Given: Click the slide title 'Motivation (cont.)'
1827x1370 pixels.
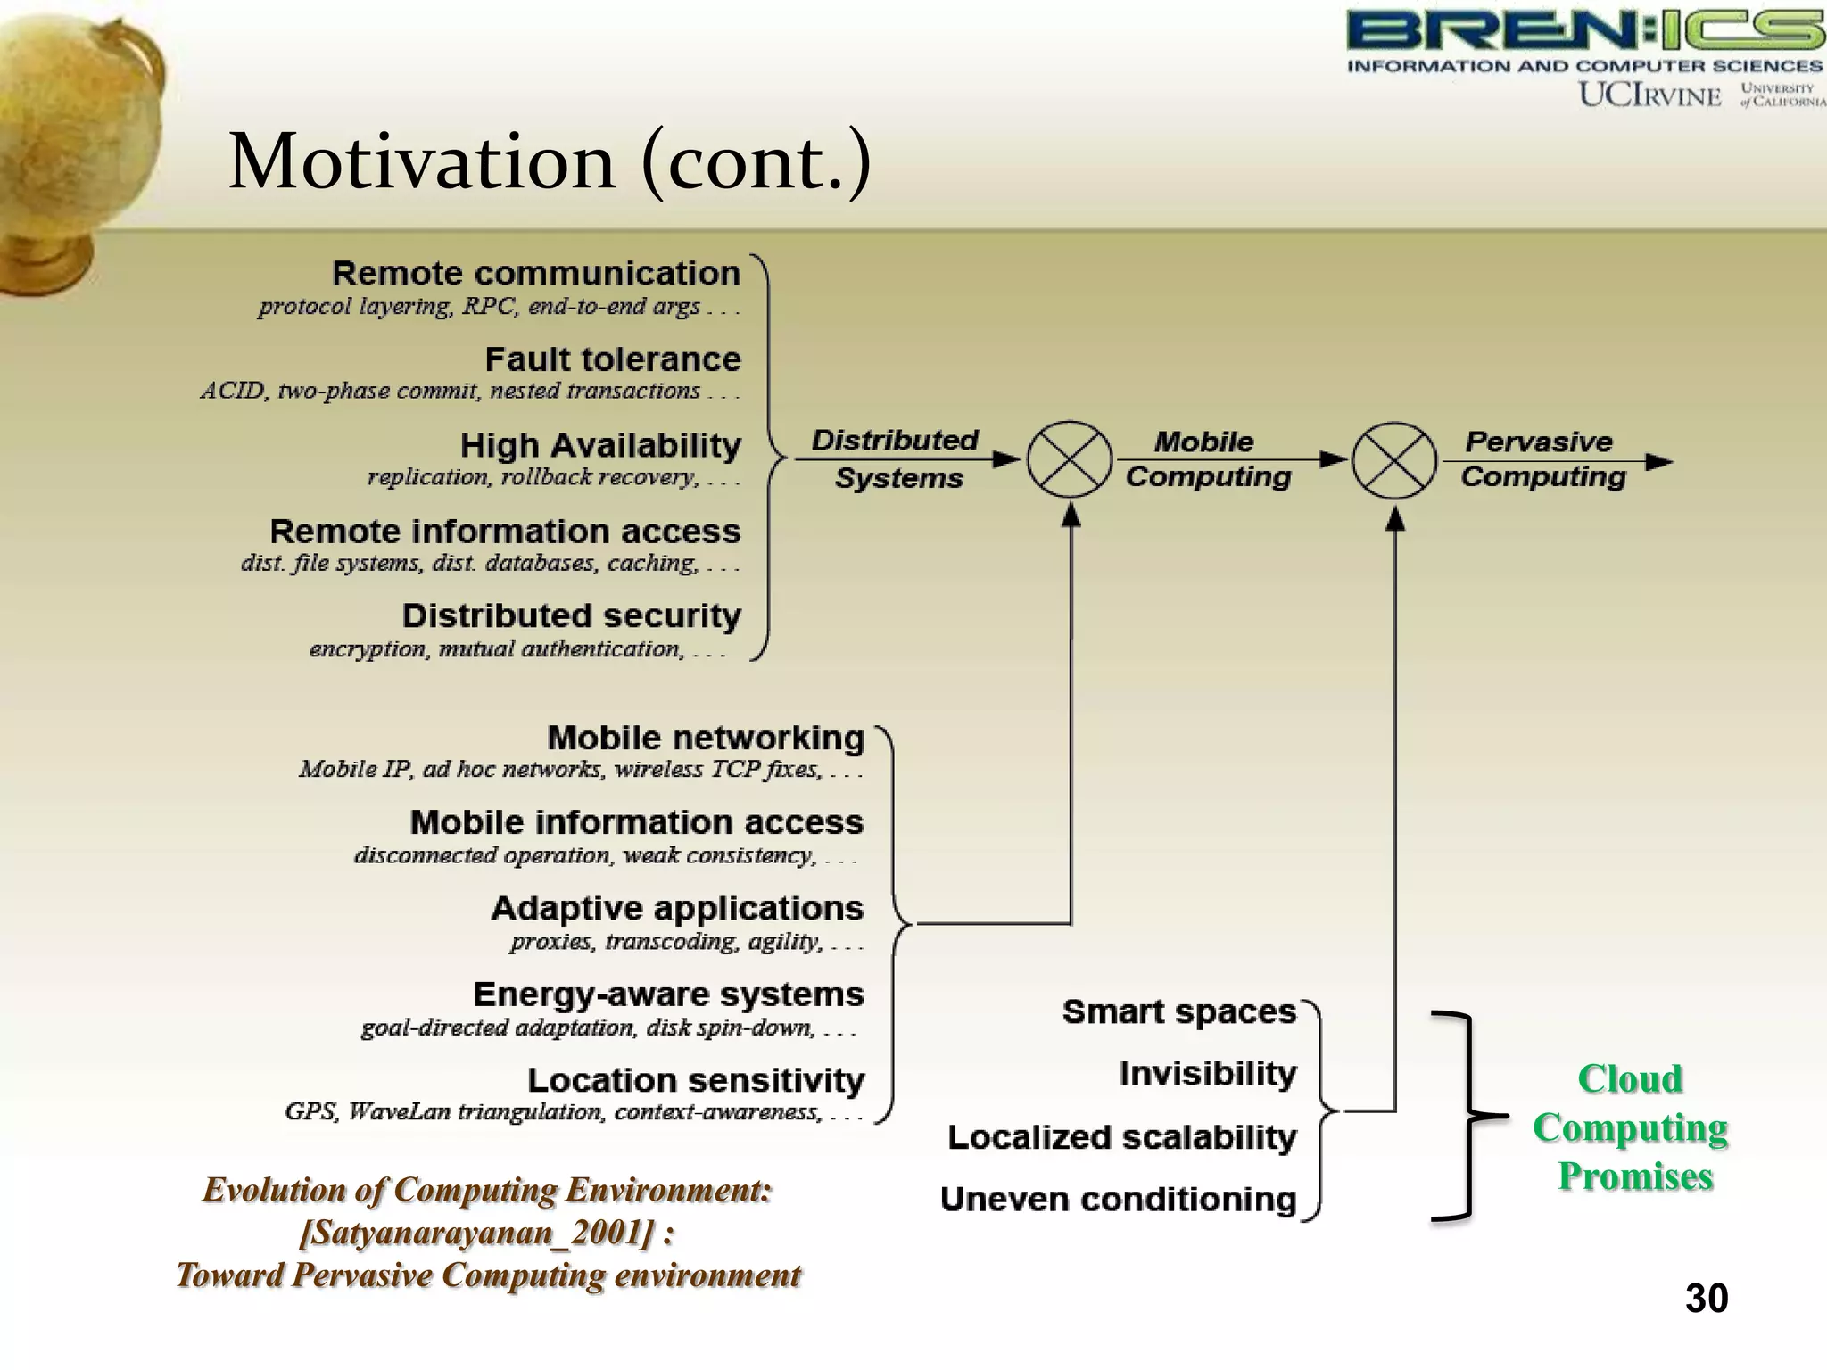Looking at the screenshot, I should [550, 162].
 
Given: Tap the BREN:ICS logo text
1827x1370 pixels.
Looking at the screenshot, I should [1584, 30].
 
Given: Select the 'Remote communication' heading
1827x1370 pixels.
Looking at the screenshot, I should [536, 273].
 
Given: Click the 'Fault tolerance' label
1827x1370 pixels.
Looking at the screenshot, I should [613, 359].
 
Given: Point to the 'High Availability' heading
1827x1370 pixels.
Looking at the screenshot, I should [600, 445].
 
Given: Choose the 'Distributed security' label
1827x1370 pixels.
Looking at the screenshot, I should [571, 616].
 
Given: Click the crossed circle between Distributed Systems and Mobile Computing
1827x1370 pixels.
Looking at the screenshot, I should [1070, 460].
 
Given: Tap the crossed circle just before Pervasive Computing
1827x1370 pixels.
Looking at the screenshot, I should [1394, 460].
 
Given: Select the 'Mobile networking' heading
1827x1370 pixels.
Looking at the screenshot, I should [706, 739].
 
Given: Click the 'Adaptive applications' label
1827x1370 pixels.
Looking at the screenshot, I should [677, 909].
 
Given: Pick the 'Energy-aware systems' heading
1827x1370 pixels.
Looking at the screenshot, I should [668, 994].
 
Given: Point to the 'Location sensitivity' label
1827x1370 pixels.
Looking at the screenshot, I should [696, 1080].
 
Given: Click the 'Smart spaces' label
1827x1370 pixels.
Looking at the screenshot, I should [1178, 1012].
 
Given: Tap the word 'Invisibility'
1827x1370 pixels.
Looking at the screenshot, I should [1208, 1074].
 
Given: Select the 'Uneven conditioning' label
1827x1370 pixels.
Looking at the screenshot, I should [1118, 1200].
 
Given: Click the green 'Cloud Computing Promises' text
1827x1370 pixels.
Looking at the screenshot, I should [1632, 1127].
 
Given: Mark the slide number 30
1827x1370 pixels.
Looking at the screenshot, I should [1707, 1299].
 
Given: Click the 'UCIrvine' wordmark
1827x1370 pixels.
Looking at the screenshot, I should [1649, 95].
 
